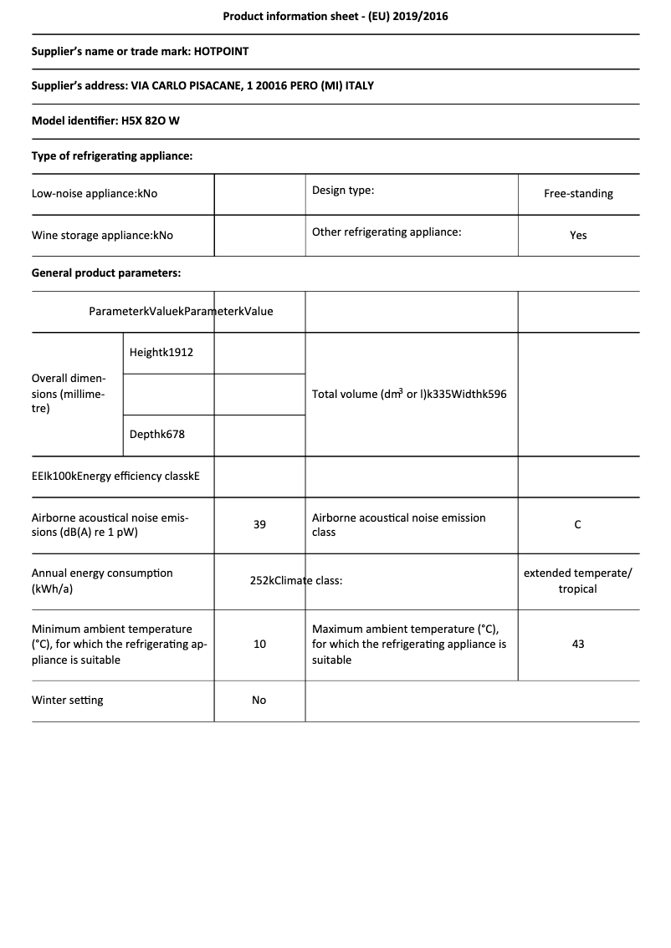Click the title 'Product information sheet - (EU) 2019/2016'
[x=335, y=16]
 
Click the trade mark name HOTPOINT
[x=221, y=51]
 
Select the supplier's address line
[x=202, y=86]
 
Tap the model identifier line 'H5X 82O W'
[x=151, y=120]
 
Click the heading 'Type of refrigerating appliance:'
[x=112, y=155]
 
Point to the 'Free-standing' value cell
[x=578, y=194]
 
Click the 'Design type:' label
[x=343, y=191]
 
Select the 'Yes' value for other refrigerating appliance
[x=578, y=236]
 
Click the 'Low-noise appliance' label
[x=95, y=194]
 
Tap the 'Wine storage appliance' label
[x=102, y=236]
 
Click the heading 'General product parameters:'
[x=106, y=273]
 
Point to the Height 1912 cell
[x=161, y=353]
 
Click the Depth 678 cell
[x=157, y=436]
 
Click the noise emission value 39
[x=259, y=525]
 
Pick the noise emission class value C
[x=578, y=525]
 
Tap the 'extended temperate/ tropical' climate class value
[x=578, y=581]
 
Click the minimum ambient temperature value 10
[x=259, y=645]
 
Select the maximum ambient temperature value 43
[x=578, y=645]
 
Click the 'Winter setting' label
[x=68, y=701]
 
